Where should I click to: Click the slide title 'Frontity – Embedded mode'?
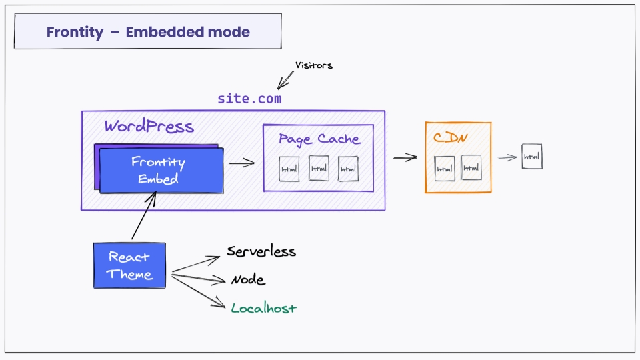tap(148, 32)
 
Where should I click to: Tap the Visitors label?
tap(313, 65)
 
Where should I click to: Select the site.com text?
tap(249, 99)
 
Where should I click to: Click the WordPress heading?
tap(149, 127)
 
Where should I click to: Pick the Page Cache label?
tap(319, 139)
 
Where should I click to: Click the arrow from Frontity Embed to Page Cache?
tap(242, 163)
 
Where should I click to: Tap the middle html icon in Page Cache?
tap(319, 169)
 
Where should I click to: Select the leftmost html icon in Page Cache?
tap(289, 169)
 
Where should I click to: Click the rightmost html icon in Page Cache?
tap(348, 169)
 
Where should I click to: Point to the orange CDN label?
tap(450, 139)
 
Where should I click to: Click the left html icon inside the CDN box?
tap(445, 169)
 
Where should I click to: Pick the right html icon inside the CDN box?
tap(471, 168)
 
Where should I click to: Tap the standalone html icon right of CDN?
tap(531, 157)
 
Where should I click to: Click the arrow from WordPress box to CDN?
tap(405, 158)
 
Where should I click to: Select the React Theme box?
tap(129, 265)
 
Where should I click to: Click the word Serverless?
tap(261, 252)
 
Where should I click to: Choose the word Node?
tap(248, 280)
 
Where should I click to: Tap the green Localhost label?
tap(263, 309)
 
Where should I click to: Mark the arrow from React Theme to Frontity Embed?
tap(144, 215)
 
